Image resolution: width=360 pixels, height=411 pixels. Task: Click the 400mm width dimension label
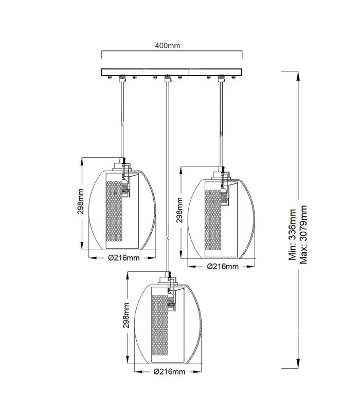tap(168, 46)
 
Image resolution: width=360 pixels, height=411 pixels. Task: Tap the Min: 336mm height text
tap(292, 235)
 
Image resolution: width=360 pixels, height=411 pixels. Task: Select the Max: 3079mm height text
tap(303, 235)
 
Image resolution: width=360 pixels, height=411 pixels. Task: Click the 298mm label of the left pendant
tap(80, 201)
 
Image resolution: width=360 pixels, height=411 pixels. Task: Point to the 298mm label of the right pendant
tap(179, 210)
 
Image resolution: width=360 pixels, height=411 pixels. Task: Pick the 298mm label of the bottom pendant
tap(126, 315)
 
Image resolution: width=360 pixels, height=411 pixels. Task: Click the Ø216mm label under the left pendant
tap(124, 258)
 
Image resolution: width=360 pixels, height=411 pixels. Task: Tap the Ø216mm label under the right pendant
tap(223, 267)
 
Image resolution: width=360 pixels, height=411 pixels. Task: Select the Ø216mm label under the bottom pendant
tap(170, 371)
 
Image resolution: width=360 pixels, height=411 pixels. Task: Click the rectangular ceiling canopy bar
tap(172, 72)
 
